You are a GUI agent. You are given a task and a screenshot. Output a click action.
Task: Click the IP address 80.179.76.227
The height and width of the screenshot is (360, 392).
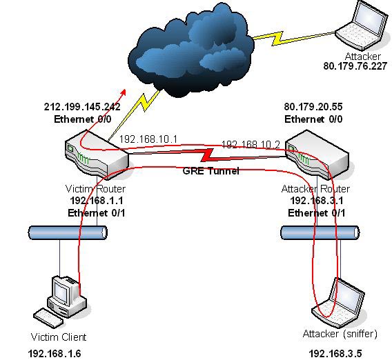point(355,66)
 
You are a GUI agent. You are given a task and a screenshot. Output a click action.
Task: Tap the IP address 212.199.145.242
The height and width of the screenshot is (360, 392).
point(82,107)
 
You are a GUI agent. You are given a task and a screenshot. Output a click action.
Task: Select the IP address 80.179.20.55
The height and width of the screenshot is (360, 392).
point(313,107)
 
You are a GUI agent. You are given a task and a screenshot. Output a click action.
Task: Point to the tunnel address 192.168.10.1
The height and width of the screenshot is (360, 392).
point(148,139)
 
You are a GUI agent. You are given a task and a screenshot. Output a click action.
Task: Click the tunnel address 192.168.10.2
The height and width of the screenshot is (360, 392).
point(251,145)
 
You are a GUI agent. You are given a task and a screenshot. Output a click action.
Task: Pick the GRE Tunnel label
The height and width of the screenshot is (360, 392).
point(211,171)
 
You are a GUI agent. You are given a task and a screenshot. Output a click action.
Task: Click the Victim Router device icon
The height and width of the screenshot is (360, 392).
point(97,154)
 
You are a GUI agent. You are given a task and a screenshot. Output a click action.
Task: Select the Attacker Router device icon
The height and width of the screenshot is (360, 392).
point(317,154)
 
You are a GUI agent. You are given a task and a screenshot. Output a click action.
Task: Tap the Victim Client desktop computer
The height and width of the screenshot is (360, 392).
point(60,301)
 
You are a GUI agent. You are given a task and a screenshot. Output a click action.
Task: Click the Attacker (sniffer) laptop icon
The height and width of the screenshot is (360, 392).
point(338,303)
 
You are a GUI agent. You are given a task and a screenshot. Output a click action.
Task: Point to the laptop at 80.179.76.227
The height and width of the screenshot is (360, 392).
point(362,26)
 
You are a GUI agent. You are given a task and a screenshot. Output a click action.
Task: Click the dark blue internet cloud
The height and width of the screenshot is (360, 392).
point(191,50)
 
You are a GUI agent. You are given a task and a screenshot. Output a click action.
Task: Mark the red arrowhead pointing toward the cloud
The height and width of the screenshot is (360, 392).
point(123,92)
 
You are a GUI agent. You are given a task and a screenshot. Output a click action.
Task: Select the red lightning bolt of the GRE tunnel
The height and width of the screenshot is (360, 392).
point(207,155)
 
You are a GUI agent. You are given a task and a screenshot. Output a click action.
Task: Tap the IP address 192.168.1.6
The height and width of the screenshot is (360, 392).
point(55,354)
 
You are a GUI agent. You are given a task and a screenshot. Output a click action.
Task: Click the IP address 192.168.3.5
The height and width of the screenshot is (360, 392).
point(335,354)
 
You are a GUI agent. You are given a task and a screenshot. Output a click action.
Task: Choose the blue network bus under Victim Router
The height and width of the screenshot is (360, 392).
point(68,232)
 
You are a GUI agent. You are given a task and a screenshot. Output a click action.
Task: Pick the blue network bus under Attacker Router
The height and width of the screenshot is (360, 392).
point(320,232)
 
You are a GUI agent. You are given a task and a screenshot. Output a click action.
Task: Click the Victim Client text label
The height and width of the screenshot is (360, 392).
point(59,337)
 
